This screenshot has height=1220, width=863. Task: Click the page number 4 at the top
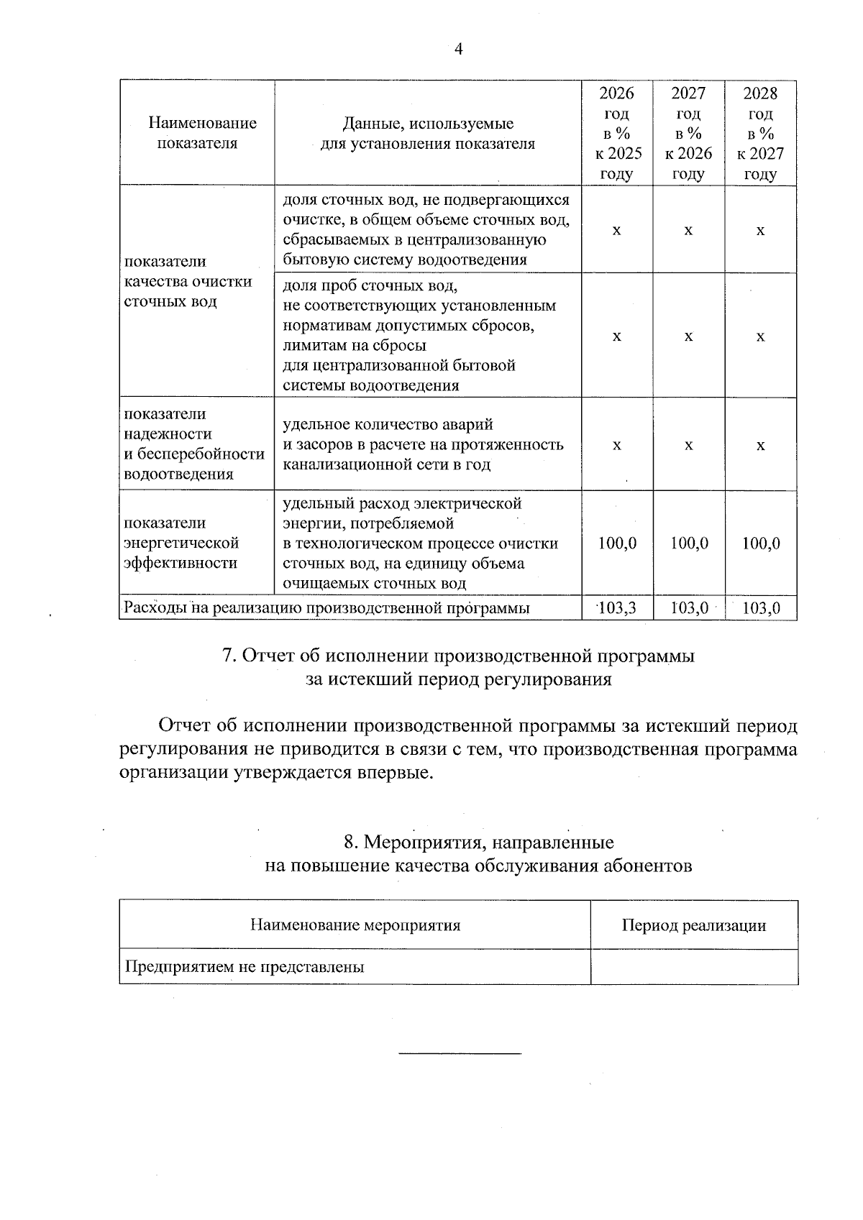tap(459, 49)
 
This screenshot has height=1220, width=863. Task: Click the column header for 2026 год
tap(616, 133)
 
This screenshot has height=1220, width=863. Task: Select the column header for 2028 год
tap(760, 133)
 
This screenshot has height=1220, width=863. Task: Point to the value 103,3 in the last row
tap(617, 608)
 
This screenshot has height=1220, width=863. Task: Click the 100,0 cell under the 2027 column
tap(688, 544)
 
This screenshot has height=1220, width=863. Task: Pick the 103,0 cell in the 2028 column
tap(761, 608)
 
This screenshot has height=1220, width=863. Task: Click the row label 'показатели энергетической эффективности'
tap(181, 543)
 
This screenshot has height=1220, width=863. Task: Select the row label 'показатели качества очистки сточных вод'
tap(188, 281)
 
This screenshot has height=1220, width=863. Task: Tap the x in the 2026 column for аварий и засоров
tap(616, 445)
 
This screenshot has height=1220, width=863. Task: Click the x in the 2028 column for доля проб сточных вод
tap(760, 336)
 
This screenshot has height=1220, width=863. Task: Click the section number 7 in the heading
tap(228, 656)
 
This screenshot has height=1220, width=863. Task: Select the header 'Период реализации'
tap(693, 925)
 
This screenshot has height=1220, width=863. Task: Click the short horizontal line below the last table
tap(459, 1054)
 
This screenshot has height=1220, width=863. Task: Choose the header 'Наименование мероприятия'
tap(355, 925)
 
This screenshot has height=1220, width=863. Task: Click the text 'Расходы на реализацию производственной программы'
tap(327, 608)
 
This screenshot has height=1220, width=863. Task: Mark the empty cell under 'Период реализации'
tap(693, 967)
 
